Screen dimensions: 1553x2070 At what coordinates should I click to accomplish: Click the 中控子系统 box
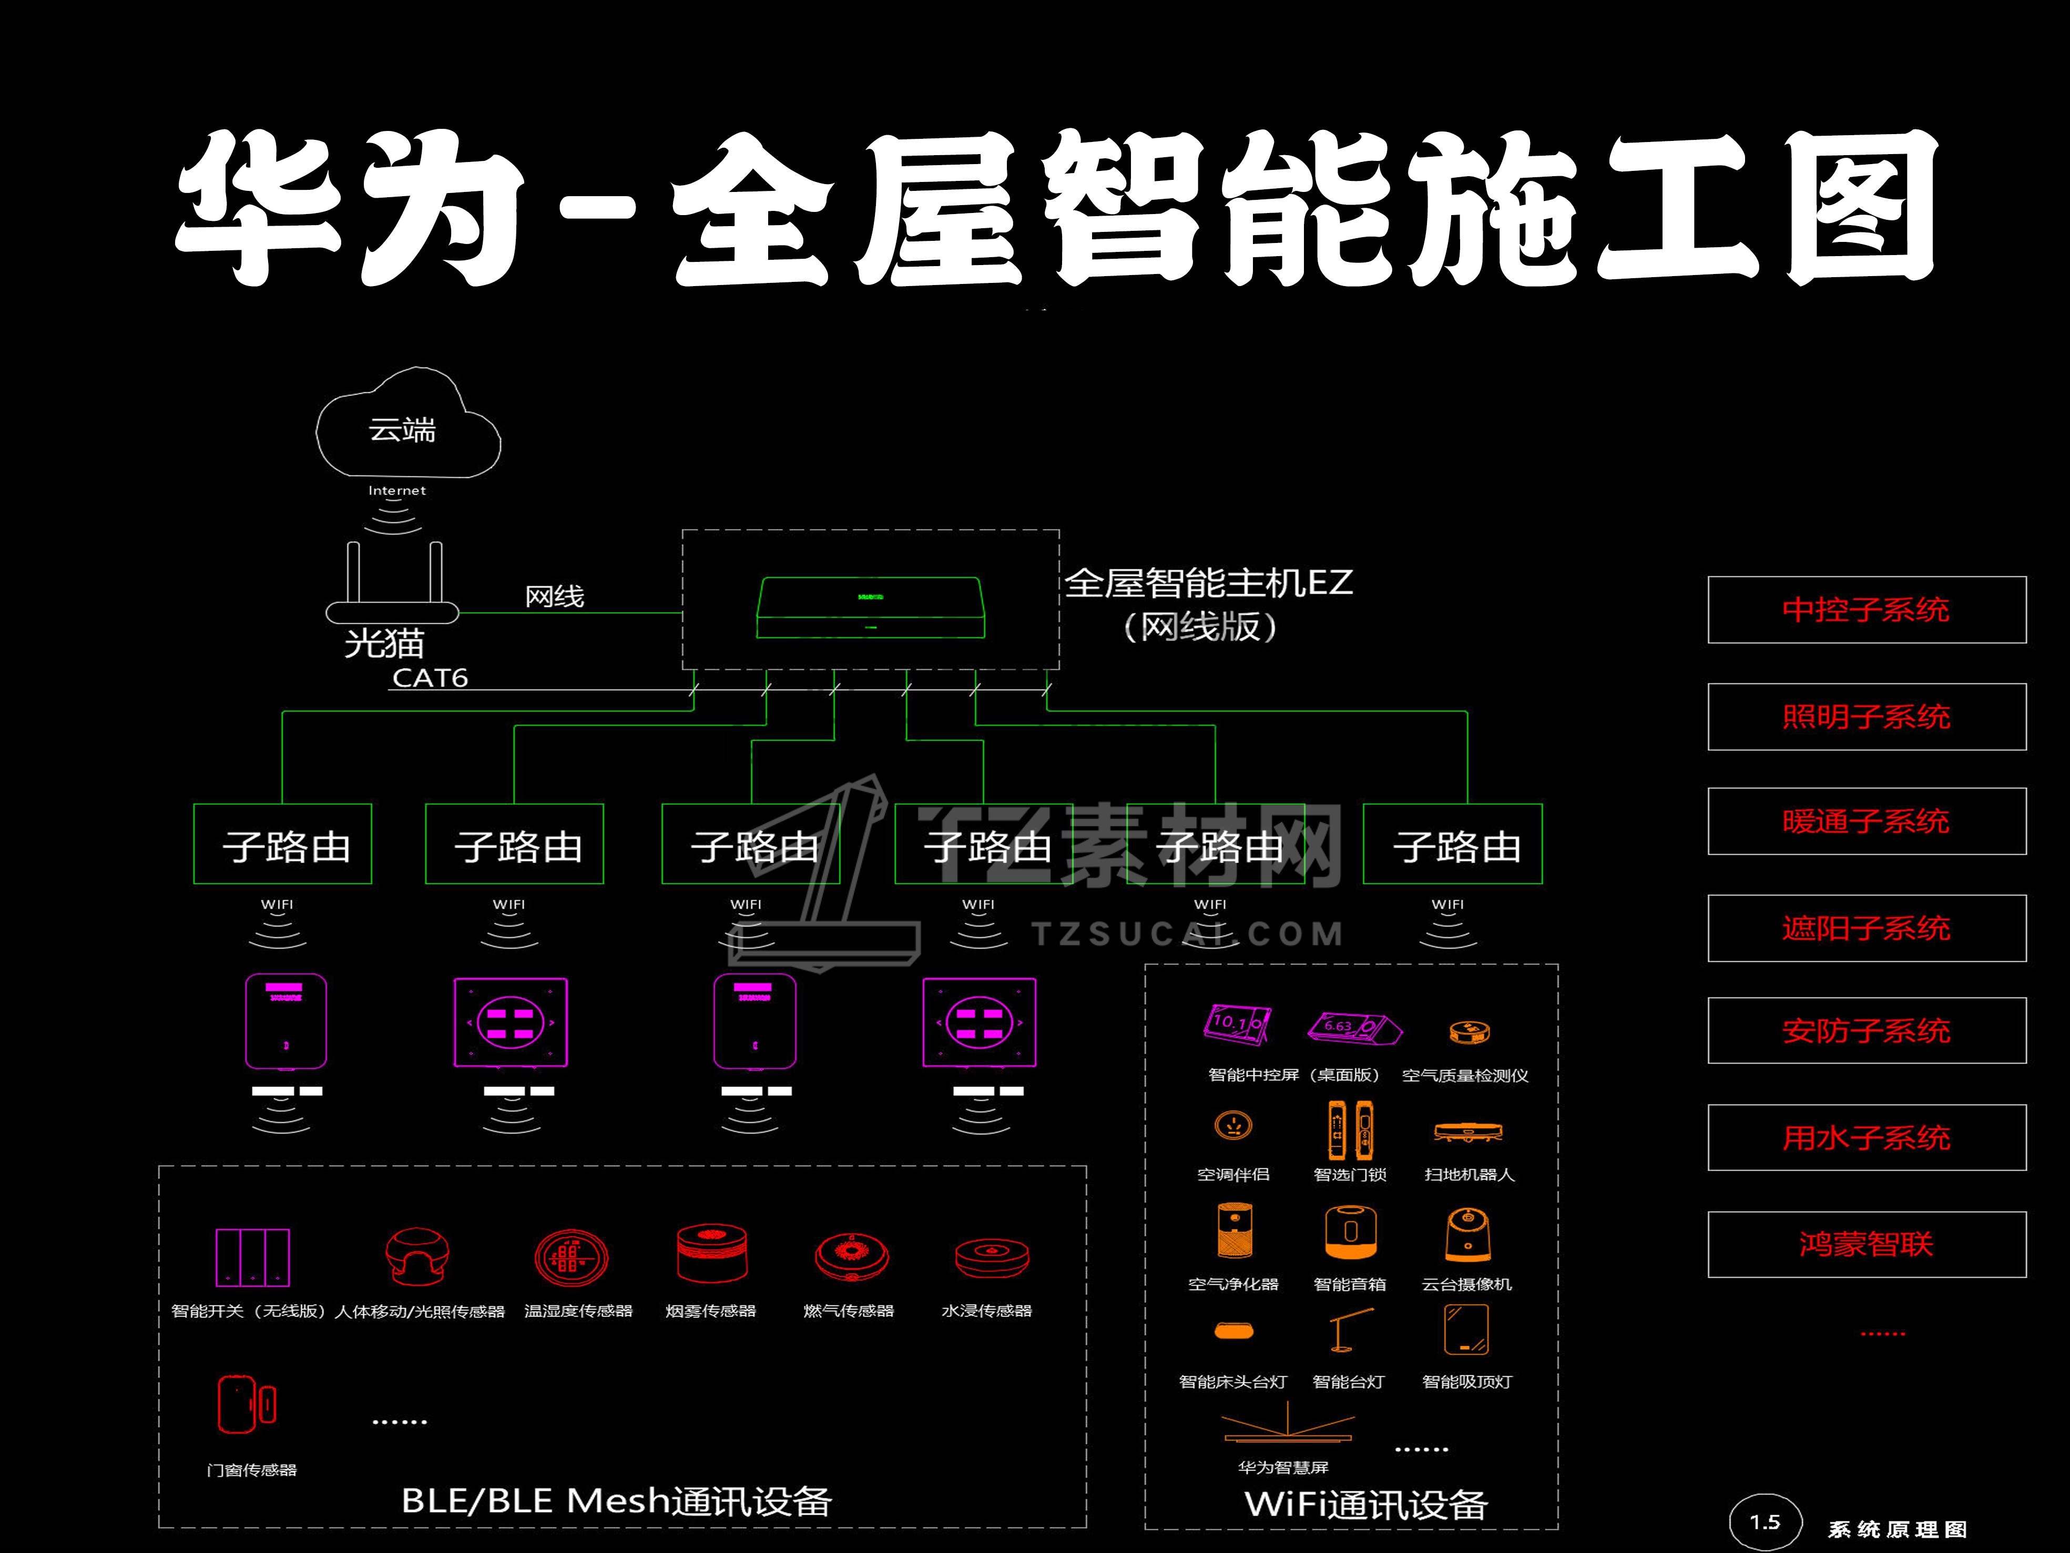[1866, 610]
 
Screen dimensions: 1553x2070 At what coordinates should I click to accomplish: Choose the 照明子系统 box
[1866, 716]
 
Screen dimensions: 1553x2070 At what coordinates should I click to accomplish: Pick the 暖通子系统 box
[1866, 821]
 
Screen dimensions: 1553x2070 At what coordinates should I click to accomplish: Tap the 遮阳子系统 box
[1866, 928]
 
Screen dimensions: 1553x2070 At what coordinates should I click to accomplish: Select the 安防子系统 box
[1866, 1031]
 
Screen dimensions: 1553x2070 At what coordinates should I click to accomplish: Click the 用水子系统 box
[1866, 1138]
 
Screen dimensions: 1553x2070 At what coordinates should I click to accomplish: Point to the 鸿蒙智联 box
[1866, 1244]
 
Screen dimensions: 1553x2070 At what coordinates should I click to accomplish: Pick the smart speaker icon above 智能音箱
[1350, 1232]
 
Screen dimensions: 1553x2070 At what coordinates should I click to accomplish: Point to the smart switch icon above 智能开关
[253, 1257]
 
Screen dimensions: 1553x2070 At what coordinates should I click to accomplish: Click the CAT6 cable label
[430, 678]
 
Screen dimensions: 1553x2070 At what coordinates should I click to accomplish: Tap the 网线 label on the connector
[554, 596]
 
